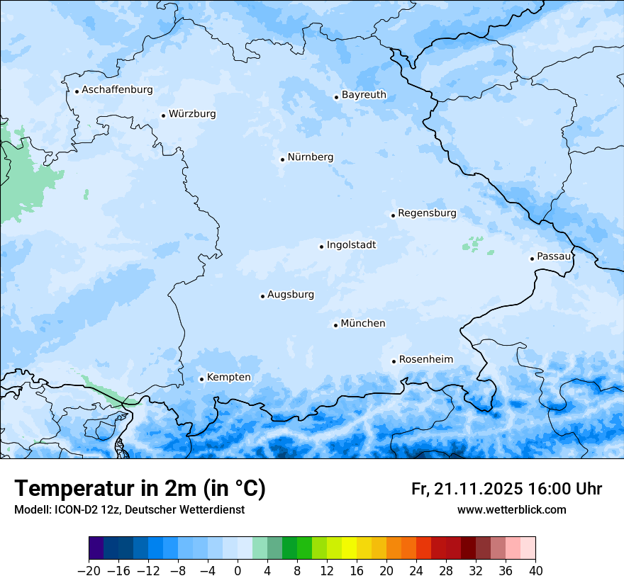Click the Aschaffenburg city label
pos(117,90)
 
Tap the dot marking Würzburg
pos(163,115)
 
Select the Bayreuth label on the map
pos(364,95)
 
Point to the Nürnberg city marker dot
pos(282,159)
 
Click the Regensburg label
pos(427,213)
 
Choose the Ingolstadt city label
pos(351,245)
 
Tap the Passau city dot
pos(532,259)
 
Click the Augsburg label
pos(291,295)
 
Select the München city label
pos(363,324)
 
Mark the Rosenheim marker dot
pos(394,361)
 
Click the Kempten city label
pos(228,378)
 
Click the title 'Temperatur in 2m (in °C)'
pos(140,489)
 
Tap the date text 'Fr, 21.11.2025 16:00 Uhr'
pos(506,490)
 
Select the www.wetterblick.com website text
pos(511,510)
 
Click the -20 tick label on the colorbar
pos(89,571)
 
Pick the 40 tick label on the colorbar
pos(535,571)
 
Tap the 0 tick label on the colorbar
pos(238,571)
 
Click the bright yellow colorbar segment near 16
pos(349,549)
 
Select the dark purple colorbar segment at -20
pos(96,549)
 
